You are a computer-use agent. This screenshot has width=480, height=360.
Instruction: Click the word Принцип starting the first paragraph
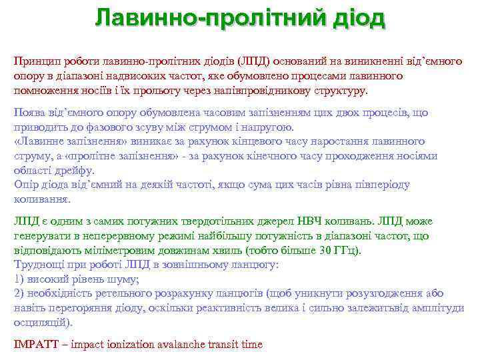pyautogui.click(x=35, y=61)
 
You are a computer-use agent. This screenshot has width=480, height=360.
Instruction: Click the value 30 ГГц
pyautogui.click(x=337, y=251)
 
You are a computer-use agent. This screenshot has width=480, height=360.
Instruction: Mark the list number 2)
pyautogui.click(x=19, y=294)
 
